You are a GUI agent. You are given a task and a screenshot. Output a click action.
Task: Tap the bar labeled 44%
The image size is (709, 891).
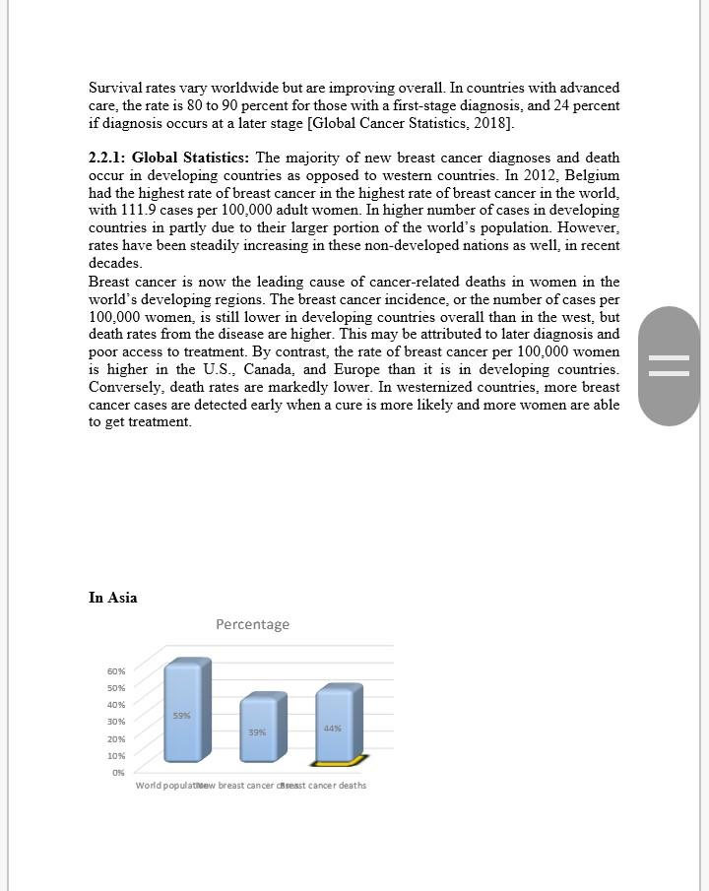(338, 726)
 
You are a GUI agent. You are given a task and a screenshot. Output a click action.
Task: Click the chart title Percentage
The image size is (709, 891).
(252, 624)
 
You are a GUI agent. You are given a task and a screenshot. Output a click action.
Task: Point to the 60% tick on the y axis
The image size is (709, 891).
(116, 671)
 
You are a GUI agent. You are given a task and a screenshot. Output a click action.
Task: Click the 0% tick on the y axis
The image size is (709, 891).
(118, 773)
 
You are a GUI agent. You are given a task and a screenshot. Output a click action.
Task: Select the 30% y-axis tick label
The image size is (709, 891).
(116, 722)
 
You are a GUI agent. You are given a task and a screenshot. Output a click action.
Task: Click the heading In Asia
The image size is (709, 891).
(112, 598)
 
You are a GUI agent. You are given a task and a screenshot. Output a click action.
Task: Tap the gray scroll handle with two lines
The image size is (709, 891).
(670, 366)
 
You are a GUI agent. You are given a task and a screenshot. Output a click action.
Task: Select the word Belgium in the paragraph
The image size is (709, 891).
(591, 175)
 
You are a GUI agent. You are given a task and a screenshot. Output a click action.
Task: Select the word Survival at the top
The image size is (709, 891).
(115, 88)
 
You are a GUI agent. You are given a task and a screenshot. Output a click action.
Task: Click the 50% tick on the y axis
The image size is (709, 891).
(116, 687)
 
